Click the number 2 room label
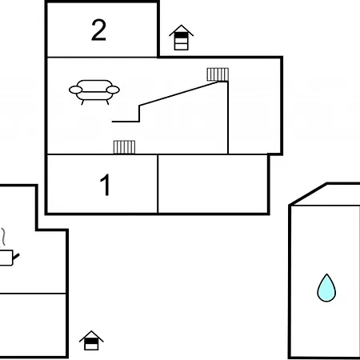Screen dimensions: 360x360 tap(98, 30)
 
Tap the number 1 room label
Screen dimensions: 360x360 tap(105, 185)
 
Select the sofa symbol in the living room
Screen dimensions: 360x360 tap(94, 92)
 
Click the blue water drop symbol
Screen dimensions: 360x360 tap(326, 288)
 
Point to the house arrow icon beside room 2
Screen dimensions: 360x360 tap(182, 38)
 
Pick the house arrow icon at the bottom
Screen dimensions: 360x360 tap(91, 341)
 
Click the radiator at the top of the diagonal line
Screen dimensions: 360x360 tap(218, 74)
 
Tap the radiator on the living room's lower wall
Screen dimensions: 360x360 tap(124, 147)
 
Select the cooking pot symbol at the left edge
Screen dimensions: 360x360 tap(6, 258)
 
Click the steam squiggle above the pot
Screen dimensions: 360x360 tap(3, 237)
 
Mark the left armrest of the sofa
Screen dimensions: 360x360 tap(76, 90)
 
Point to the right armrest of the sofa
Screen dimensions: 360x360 tap(113, 90)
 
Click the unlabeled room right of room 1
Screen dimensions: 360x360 tap(213, 184)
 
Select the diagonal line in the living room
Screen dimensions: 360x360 tap(179, 94)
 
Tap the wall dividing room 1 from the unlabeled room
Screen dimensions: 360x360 tap(158, 184)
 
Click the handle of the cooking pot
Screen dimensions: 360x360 tap(16, 257)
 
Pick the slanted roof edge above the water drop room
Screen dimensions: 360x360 tap(309, 194)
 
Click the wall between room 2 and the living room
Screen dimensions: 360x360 tap(102, 57)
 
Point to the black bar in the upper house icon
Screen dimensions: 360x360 tap(182, 34)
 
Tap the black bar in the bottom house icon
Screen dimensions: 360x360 tap(91, 341)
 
